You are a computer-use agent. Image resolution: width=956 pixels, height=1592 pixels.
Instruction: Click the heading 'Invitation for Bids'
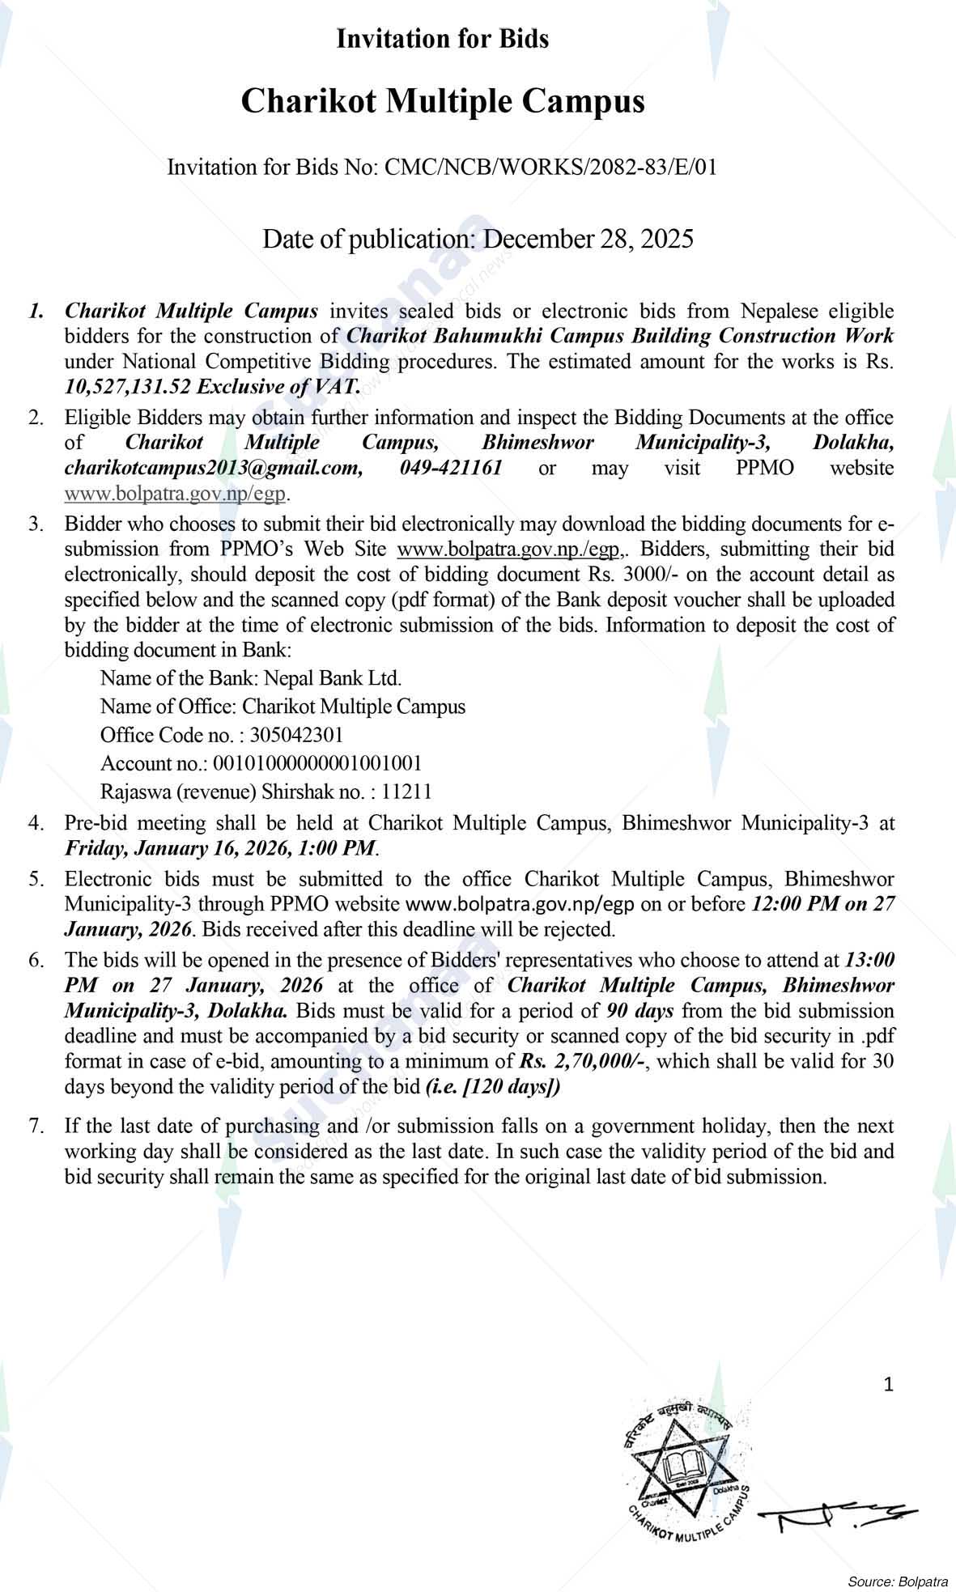(x=443, y=39)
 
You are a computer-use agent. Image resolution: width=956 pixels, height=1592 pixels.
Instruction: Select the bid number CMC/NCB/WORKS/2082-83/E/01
(x=550, y=168)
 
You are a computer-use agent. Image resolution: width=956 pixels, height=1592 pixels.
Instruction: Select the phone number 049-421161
(x=451, y=467)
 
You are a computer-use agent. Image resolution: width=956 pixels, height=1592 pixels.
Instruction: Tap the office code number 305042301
(x=296, y=735)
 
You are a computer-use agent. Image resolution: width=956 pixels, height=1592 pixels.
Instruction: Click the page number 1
(x=888, y=1385)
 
